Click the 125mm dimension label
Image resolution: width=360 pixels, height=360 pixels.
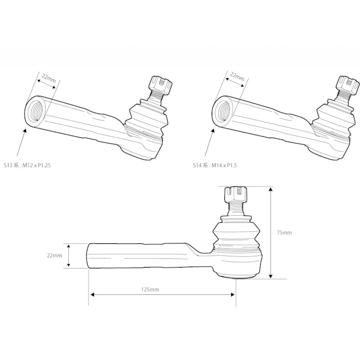(x=150, y=290)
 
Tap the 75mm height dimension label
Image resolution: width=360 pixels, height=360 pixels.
(x=284, y=232)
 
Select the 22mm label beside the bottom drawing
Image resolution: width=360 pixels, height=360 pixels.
(x=54, y=255)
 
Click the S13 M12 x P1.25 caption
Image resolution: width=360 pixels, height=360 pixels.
(x=27, y=165)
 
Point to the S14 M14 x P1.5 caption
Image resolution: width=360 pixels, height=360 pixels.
(x=215, y=165)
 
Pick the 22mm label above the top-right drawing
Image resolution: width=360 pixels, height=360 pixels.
(x=237, y=76)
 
